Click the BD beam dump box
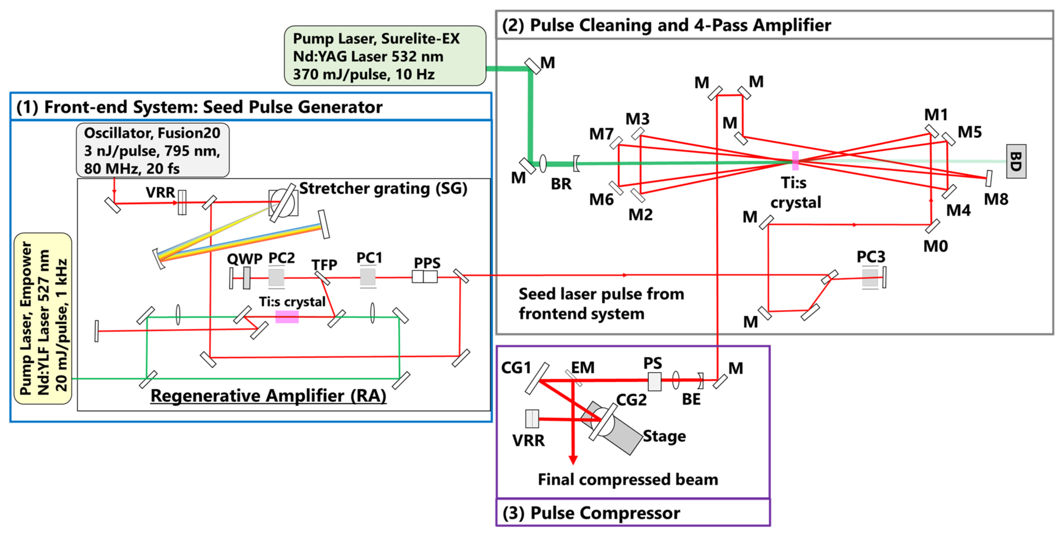pyautogui.click(x=1016, y=161)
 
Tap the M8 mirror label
pyautogui.click(x=996, y=199)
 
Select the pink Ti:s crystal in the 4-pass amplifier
pyautogui.click(x=795, y=160)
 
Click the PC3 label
pyautogui.click(x=871, y=257)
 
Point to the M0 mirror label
pyautogui.click(x=935, y=246)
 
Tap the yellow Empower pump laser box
pyautogui.click(x=43, y=318)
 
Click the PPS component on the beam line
pyautogui.click(x=425, y=276)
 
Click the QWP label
pyautogui.click(x=244, y=259)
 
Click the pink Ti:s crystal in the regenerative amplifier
pyautogui.click(x=287, y=316)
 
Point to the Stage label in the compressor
pyautogui.click(x=664, y=436)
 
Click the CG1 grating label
pyautogui.click(x=516, y=368)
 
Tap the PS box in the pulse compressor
pyautogui.click(x=654, y=381)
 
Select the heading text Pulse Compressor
pyautogui.click(x=605, y=513)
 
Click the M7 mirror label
pyautogui.click(x=601, y=134)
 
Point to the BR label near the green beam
pyautogui.click(x=561, y=184)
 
